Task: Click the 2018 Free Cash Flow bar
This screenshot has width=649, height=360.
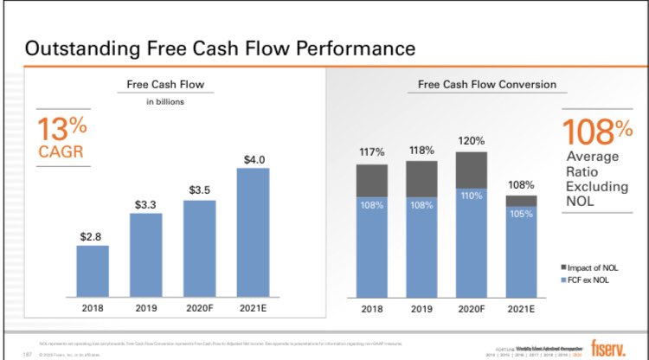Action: [93, 271]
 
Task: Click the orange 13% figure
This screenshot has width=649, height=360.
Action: [62, 129]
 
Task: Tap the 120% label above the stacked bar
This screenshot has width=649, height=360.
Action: [471, 141]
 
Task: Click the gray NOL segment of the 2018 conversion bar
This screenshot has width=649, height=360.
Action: [371, 181]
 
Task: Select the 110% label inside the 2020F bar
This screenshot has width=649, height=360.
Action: [471, 196]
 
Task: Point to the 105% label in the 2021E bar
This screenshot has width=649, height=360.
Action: [522, 214]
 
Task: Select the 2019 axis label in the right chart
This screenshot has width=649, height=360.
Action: [421, 308]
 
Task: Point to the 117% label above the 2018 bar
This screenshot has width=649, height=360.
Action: [371, 152]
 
